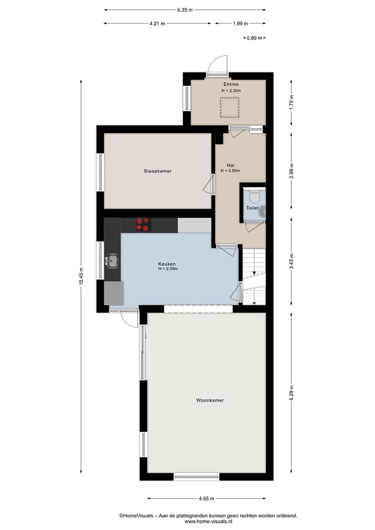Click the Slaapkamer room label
pyautogui.click(x=158, y=171)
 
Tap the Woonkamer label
pyautogui.click(x=210, y=400)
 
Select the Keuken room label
pyautogui.click(x=167, y=264)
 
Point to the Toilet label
pyautogui.click(x=252, y=208)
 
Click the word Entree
pyautogui.click(x=231, y=84)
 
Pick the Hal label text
pyautogui.click(x=231, y=165)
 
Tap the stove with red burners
pyautogui.click(x=143, y=225)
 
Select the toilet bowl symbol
pyautogui.click(x=254, y=196)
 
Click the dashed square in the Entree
pyautogui.click(x=230, y=107)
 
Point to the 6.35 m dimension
pyautogui.click(x=185, y=10)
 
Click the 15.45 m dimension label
pyautogui.click(x=81, y=276)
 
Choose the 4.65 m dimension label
pyautogui.click(x=207, y=498)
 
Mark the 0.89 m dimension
pyautogui.click(x=254, y=38)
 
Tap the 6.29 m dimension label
pyautogui.click(x=291, y=393)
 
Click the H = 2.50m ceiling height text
pyautogui.click(x=230, y=171)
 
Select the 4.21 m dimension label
pyautogui.click(x=157, y=24)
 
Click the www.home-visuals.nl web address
pyautogui.click(x=208, y=521)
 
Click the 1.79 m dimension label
pyautogui.click(x=291, y=102)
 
